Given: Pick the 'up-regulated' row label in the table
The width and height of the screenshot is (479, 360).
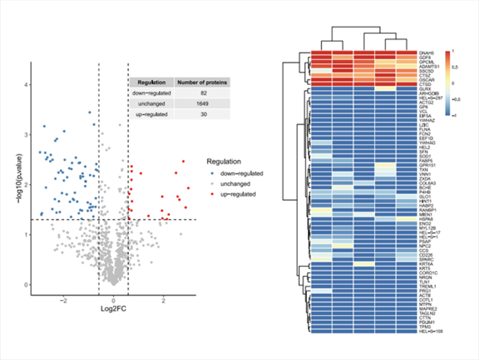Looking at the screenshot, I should (152, 114).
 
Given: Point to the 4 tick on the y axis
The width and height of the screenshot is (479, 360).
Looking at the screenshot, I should (25, 85).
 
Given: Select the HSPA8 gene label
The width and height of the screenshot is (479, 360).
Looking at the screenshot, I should (427, 219).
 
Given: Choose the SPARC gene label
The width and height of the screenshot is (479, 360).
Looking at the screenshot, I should (427, 259).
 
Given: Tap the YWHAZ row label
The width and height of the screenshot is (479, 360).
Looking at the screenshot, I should (428, 121).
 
